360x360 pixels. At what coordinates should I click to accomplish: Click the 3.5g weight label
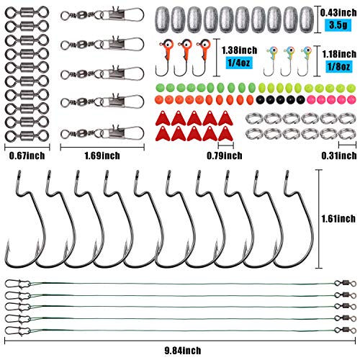(338, 25)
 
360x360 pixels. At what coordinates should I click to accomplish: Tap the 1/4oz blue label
(239, 63)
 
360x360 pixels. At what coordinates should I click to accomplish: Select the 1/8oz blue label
(339, 66)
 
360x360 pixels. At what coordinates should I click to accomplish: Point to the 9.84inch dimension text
(183, 351)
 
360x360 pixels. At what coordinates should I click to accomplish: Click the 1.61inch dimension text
(338, 219)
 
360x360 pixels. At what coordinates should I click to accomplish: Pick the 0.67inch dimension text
(27, 156)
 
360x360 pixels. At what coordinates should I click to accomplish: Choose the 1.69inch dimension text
(102, 156)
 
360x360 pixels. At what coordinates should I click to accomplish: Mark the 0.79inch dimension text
(225, 156)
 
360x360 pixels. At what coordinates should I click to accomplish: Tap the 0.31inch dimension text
(339, 156)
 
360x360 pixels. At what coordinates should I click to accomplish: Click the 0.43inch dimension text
(338, 13)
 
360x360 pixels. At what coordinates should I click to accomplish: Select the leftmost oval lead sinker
(162, 19)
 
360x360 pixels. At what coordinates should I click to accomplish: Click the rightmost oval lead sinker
(307, 19)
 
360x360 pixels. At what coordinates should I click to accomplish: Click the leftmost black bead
(260, 99)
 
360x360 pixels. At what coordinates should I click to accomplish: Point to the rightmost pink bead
(351, 99)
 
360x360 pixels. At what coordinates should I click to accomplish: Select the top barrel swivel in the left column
(27, 12)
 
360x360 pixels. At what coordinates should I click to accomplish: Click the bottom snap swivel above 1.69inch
(102, 132)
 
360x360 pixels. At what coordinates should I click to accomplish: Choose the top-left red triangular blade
(163, 118)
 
